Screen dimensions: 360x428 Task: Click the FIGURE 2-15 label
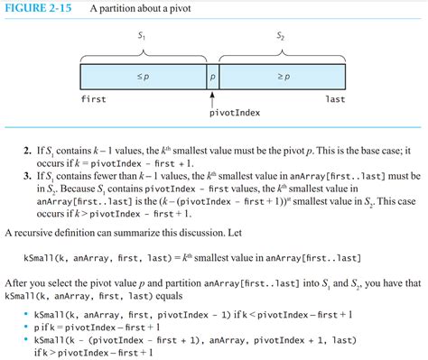click(x=39, y=9)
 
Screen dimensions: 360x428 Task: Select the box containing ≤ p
click(x=143, y=76)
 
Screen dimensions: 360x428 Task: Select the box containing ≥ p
click(x=282, y=76)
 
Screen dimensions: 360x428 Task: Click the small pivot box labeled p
click(x=212, y=76)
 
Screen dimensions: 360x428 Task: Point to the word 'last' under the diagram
click(x=335, y=99)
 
